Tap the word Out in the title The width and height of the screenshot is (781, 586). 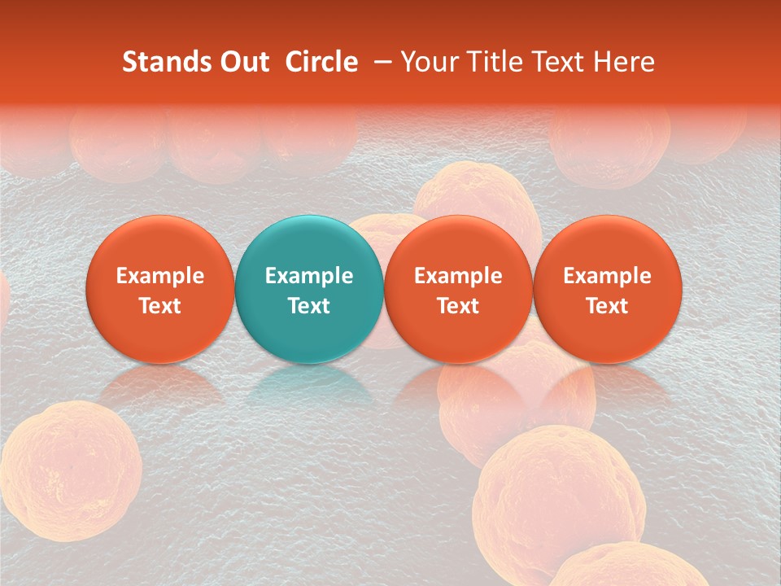pyautogui.click(x=242, y=62)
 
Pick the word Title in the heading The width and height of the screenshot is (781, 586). pyautogui.click(x=495, y=62)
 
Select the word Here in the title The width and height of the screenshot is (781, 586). pyautogui.click(x=626, y=62)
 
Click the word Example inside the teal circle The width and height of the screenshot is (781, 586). pyautogui.click(x=309, y=276)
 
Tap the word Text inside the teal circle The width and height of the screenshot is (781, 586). pyautogui.click(x=309, y=306)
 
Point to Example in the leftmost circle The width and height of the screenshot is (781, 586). pyautogui.click(x=160, y=276)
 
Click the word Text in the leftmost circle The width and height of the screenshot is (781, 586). pyautogui.click(x=160, y=306)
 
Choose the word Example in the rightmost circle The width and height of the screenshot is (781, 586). pyautogui.click(x=608, y=276)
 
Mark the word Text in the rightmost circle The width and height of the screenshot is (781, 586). pyautogui.click(x=608, y=306)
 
